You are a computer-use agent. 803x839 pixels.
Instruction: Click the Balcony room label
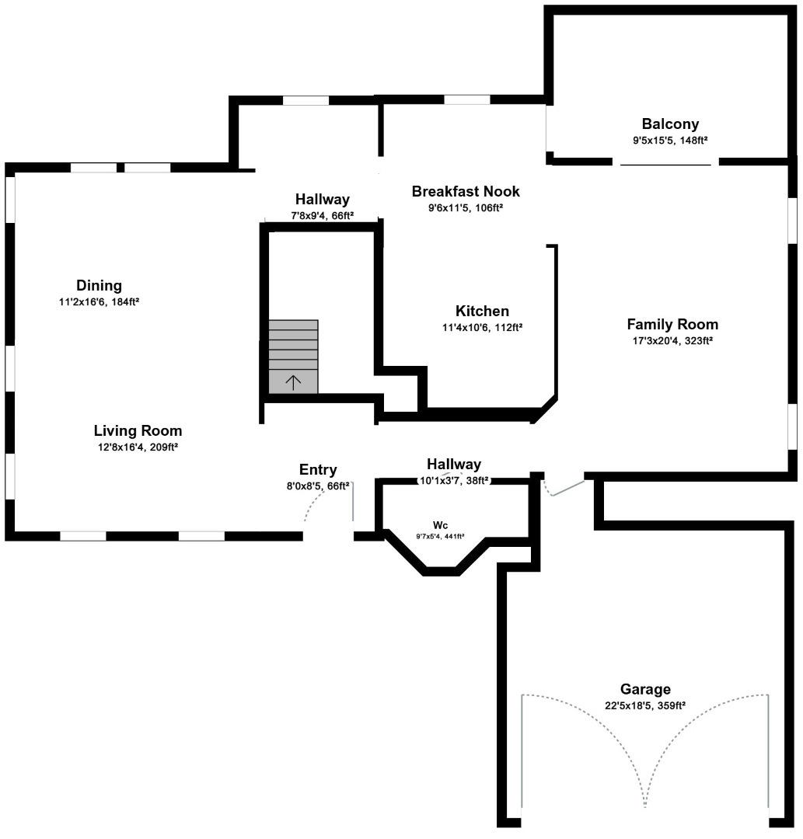[670, 124]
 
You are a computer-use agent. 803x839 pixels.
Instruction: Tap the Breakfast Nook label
[466, 191]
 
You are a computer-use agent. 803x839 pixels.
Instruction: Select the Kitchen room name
[482, 311]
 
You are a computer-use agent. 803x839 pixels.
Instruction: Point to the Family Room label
[672, 324]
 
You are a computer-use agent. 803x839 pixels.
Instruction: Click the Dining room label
[99, 285]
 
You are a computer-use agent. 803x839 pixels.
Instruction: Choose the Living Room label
[138, 430]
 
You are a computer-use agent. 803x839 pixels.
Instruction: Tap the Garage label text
[645, 689]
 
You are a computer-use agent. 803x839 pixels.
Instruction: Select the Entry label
[318, 469]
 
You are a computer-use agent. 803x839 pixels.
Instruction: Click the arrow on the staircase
[293, 381]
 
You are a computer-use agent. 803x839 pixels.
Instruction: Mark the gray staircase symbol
[293, 356]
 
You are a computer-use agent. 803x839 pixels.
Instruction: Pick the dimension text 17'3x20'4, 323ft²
[672, 340]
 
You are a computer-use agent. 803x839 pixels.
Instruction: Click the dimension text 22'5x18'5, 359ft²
[645, 705]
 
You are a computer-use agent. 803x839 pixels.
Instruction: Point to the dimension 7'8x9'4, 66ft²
[322, 215]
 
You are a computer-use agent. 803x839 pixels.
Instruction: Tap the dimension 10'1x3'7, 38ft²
[455, 480]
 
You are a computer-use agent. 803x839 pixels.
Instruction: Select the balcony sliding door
[665, 164]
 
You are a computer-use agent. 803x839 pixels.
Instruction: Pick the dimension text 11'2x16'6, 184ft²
[99, 301]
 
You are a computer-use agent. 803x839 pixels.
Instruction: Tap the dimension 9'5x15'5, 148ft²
[670, 140]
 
